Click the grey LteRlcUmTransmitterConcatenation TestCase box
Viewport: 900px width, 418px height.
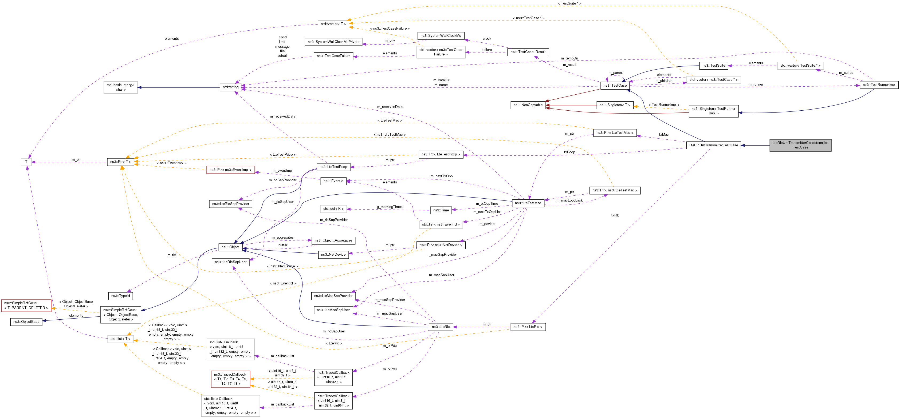[x=800, y=145]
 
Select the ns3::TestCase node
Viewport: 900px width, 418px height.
[x=615, y=86]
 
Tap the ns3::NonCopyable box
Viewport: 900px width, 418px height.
[x=528, y=105]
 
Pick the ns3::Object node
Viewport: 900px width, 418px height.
[x=230, y=247]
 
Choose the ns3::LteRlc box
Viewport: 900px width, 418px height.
[x=441, y=327]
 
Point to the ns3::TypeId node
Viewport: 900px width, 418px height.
[x=120, y=296]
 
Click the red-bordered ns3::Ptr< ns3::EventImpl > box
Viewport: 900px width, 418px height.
[x=230, y=170]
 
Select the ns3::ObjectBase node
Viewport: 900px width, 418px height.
[x=26, y=322]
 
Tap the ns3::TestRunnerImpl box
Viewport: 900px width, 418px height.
[x=879, y=85]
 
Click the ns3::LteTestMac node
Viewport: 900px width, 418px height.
[x=528, y=203]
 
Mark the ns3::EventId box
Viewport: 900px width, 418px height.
[x=333, y=181]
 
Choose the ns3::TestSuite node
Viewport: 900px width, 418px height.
[x=713, y=66]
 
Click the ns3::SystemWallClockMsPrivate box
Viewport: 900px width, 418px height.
[x=333, y=42]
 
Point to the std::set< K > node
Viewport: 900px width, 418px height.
[x=333, y=209]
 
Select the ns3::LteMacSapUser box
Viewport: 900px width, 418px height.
[x=333, y=310]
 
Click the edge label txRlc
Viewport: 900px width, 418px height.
[x=615, y=215]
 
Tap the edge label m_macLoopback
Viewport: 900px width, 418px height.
[x=569, y=200]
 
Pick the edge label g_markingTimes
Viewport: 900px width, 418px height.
[x=389, y=207]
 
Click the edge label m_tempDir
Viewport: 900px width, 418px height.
[x=569, y=58]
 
